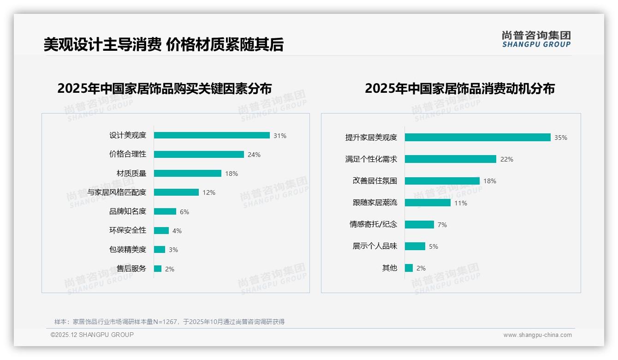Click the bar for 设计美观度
pyautogui.click(x=212, y=135)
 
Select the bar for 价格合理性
pyautogui.click(x=199, y=155)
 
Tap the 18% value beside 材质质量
pyautogui.click(x=232, y=174)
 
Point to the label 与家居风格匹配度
pyautogui.click(x=117, y=192)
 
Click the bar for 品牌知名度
pyautogui.click(x=165, y=211)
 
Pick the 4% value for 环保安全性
pyautogui.click(x=177, y=231)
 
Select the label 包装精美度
pyautogui.click(x=128, y=250)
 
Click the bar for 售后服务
pyautogui.click(x=158, y=269)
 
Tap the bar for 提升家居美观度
pyautogui.click(x=478, y=138)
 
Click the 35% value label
pyautogui.click(x=561, y=138)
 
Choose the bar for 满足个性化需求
pyautogui.click(x=451, y=159)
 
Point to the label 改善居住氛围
pyautogui.click(x=375, y=181)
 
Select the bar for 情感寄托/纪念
pyautogui.click(x=420, y=224)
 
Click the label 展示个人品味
pyautogui.click(x=375, y=246)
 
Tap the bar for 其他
pyautogui.click(x=409, y=268)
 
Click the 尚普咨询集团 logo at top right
pyautogui.click(x=536, y=39)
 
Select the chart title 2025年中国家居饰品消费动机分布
pyautogui.click(x=460, y=88)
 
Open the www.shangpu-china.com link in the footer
pyautogui.click(x=537, y=335)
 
